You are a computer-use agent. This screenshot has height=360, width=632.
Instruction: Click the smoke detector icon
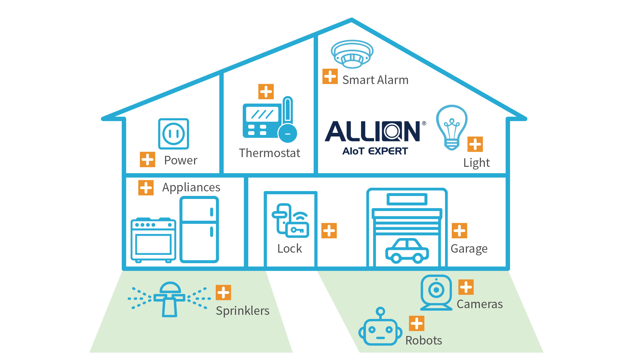352,54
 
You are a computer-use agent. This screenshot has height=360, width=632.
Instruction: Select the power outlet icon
174,134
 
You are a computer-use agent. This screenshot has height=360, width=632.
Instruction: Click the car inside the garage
407,251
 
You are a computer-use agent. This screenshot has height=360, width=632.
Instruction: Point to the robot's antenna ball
380,311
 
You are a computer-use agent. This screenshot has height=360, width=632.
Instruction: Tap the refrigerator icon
199,229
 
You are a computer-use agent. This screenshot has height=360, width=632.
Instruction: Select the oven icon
153,240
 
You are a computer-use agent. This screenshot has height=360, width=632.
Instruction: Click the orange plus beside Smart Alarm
330,76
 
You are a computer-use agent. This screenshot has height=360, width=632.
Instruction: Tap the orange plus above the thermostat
266,92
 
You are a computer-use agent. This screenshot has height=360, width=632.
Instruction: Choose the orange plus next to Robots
417,323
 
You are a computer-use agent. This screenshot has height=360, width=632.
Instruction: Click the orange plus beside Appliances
146,188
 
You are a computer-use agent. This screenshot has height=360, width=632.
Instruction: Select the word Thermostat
269,153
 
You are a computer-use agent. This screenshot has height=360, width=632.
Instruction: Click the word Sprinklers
242,311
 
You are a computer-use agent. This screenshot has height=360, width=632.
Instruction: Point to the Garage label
469,249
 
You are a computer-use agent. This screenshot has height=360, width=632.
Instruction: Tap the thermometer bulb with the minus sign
288,133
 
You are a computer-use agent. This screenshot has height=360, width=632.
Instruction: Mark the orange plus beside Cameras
466,287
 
